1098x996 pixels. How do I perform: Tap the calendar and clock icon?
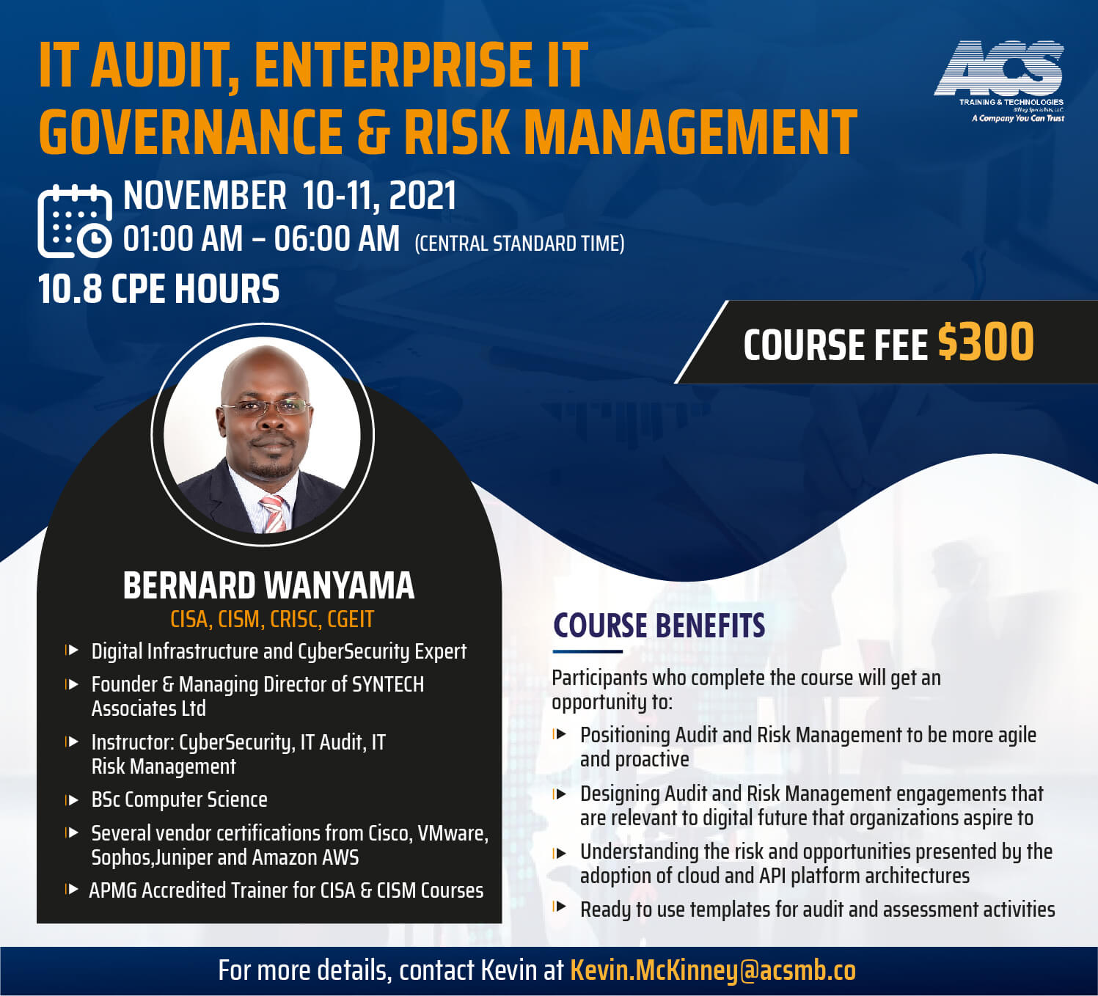[x=75, y=221]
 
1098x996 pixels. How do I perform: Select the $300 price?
[x=986, y=343]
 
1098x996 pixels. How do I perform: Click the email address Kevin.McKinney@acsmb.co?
[x=713, y=970]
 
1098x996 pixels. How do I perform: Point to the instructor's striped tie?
[x=274, y=513]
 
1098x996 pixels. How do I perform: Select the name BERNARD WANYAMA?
[x=268, y=585]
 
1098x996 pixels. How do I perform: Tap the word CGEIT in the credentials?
[x=351, y=620]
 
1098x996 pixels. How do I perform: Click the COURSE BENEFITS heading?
[x=659, y=626]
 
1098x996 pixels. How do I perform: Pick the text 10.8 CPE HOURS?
[x=158, y=289]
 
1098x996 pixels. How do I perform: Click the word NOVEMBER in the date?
[x=205, y=196]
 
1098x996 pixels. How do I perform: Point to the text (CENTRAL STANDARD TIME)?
[x=519, y=243]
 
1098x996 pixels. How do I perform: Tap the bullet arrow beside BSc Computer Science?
[x=72, y=800]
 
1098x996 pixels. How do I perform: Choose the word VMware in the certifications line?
[x=453, y=833]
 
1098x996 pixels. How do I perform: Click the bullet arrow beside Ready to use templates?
[x=560, y=907]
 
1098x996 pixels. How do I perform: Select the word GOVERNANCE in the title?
[x=191, y=131]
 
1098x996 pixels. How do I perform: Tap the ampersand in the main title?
[x=374, y=132]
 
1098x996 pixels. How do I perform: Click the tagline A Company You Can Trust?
[x=1018, y=118]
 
